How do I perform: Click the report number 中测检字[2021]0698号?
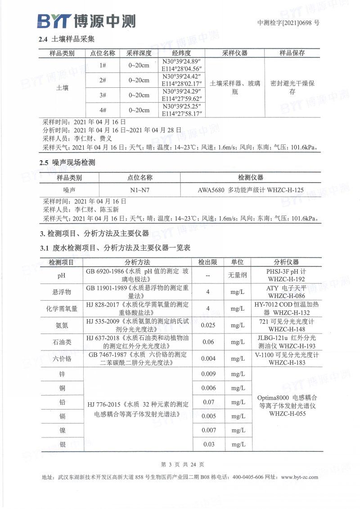coord(288,23)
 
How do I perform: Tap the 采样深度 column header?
coord(139,53)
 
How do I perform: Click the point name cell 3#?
coord(103,95)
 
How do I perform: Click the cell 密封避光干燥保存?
coord(292,87)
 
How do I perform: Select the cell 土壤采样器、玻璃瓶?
coord(235,87)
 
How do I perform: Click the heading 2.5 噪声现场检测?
coord(67,162)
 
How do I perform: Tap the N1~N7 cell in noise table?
coord(140,190)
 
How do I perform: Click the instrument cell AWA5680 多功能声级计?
coord(251,190)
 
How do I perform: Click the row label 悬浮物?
coord(62,292)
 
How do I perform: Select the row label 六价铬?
coord(62,359)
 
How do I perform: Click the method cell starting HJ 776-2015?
coord(138,408)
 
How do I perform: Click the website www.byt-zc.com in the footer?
coord(299,477)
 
